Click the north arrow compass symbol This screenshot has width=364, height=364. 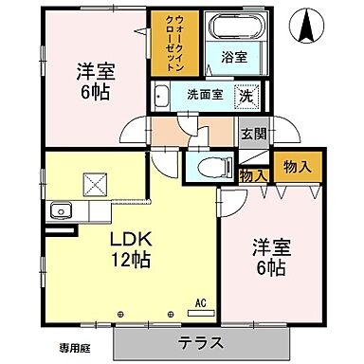(x=310, y=25)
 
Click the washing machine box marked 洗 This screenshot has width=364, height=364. (x=246, y=95)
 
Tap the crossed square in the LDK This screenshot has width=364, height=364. (x=96, y=183)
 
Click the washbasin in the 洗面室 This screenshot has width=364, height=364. (x=161, y=95)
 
